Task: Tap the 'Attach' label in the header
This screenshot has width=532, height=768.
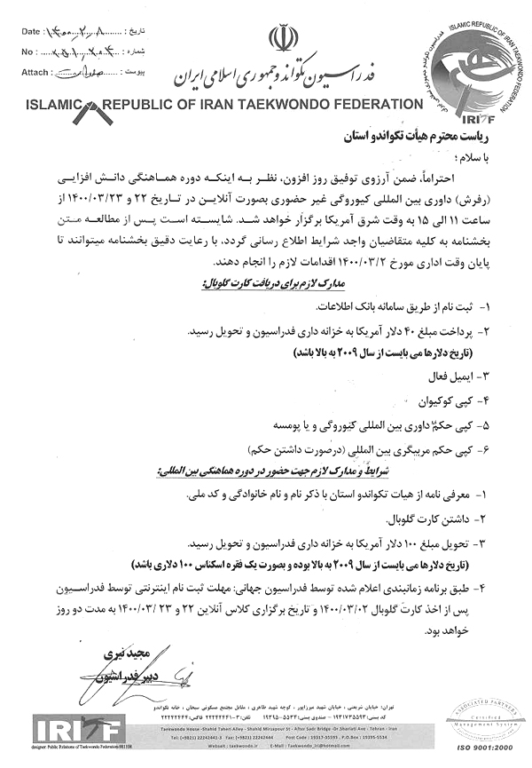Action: click(35, 70)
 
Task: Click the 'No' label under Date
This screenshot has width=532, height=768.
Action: click(26, 51)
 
